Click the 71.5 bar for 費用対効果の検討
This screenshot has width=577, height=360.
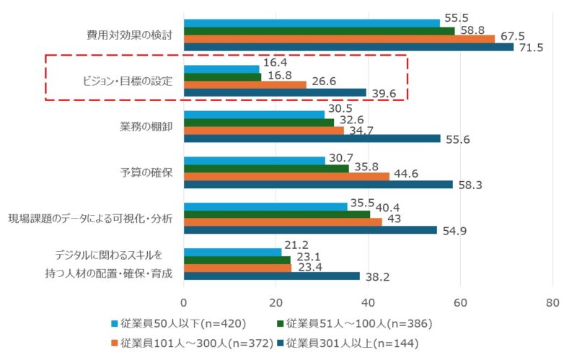[x=348, y=48]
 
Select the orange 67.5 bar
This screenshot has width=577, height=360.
[x=339, y=39]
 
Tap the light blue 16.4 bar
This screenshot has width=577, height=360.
[x=221, y=69]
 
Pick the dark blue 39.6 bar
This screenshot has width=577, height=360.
[x=275, y=92]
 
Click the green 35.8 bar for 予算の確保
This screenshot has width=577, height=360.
[x=266, y=168]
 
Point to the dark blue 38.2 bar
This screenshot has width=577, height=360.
[x=271, y=276]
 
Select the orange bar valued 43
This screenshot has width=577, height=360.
[x=283, y=222]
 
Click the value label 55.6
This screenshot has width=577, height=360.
[x=457, y=139]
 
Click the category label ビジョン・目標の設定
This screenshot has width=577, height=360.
[x=127, y=81]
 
